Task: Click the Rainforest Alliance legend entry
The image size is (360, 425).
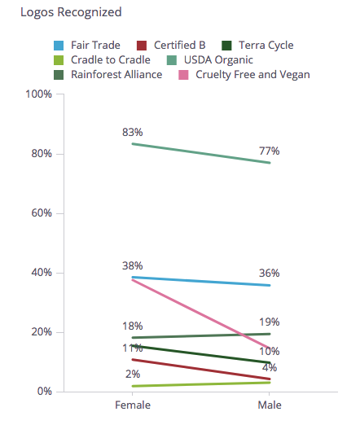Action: pos(113,74)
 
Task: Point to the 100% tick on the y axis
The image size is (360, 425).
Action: pos(38,94)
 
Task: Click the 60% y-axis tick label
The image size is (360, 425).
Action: pos(41,213)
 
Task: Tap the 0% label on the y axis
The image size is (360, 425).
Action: pos(44,392)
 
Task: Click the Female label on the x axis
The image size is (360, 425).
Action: pos(131,405)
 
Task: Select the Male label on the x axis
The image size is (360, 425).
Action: pos(270,405)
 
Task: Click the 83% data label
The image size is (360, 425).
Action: pos(133,132)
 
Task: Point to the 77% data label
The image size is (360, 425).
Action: pos(270,151)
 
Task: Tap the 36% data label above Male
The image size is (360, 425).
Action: pos(270,273)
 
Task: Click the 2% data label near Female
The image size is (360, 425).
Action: pos(133,374)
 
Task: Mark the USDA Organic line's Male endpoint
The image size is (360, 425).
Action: pos(270,163)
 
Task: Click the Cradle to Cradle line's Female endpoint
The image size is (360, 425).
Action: pos(132,386)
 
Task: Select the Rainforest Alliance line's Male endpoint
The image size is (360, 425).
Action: pos(270,334)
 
